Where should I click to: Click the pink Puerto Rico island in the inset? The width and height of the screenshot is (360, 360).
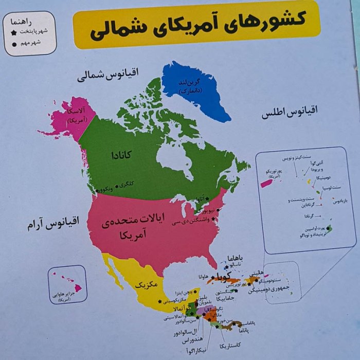(266, 183)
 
